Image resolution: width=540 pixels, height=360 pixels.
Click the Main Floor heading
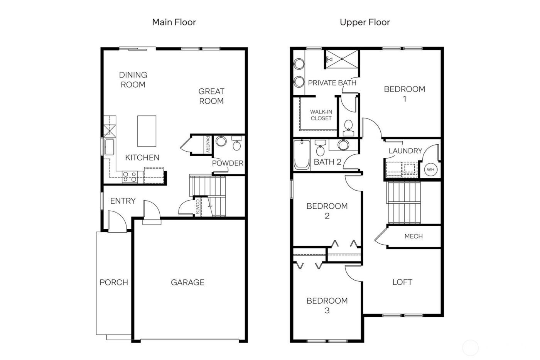174,22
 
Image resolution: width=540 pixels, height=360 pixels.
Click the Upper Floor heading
364,22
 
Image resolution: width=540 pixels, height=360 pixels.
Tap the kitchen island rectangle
147,131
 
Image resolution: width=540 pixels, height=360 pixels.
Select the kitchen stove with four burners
129,177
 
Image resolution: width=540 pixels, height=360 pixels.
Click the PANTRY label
208,144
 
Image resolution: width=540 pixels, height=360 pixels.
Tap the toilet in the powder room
236,145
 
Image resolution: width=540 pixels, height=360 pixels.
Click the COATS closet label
197,207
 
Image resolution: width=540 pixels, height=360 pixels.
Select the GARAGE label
187,282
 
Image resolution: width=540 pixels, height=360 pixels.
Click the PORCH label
114,282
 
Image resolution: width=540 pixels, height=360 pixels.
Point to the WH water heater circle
430,169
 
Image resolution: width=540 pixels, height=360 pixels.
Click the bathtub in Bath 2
302,155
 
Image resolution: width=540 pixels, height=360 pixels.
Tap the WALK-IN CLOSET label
321,115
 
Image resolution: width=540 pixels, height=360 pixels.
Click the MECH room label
413,236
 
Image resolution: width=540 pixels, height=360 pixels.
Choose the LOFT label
402,282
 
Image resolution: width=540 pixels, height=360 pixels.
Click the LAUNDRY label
405,151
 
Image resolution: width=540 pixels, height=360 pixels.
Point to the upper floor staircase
403,202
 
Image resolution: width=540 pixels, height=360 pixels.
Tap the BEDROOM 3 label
327,305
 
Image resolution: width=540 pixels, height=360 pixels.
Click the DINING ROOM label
133,79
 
